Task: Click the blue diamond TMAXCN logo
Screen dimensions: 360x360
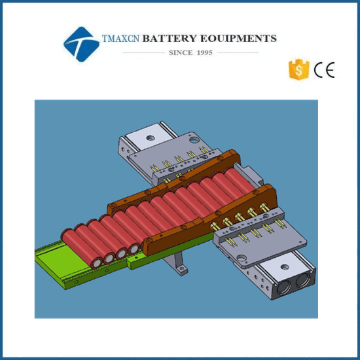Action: [81, 45]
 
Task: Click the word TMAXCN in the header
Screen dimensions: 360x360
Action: [120, 39]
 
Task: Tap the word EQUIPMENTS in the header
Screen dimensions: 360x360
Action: [238, 39]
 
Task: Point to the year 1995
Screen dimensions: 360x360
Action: [205, 52]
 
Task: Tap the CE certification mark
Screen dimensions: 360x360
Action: [324, 69]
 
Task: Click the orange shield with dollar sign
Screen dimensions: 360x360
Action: [298, 69]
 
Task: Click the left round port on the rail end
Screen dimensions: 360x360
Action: [284, 287]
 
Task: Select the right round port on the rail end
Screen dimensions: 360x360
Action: [303, 279]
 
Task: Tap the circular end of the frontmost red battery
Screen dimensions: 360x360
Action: [97, 262]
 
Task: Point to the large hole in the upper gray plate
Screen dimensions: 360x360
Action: [194, 139]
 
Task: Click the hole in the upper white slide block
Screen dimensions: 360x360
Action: [151, 138]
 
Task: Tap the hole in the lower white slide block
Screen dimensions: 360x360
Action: [285, 267]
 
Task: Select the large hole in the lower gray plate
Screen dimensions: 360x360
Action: [241, 259]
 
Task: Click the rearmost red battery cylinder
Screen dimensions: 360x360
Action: [240, 180]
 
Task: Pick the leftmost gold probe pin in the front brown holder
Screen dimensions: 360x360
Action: [215, 226]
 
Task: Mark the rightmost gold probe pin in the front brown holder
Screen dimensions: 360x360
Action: [264, 207]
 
